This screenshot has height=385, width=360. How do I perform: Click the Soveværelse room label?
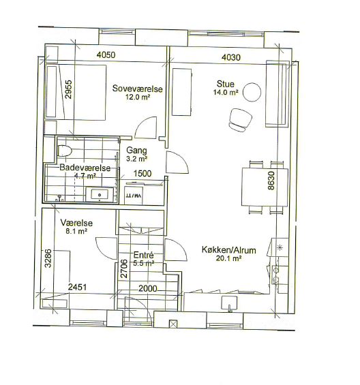pos(137,89)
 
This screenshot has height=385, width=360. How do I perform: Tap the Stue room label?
pos(225,84)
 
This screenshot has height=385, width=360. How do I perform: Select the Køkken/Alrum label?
pos(229,250)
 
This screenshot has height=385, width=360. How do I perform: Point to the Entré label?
pos(143,255)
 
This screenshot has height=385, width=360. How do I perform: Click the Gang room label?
pos(136,151)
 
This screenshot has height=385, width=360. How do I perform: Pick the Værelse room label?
pos(76,223)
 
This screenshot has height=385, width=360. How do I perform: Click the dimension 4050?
pos(106,55)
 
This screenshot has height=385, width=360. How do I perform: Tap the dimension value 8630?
pos(271,181)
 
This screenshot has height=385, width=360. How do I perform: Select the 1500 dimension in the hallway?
pos(142,174)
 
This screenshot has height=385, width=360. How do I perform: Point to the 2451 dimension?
pos(77,287)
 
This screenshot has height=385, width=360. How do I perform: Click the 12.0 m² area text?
pos(138,97)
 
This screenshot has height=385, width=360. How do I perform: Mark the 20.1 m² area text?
pos(229,258)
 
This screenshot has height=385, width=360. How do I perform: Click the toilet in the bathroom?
pos(65,151)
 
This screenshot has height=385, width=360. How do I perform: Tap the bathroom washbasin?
pos(100,195)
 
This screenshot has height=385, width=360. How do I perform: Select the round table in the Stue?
pos(252,92)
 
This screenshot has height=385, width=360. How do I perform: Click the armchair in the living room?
pos(240,120)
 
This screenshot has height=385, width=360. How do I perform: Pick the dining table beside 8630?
pos(265,187)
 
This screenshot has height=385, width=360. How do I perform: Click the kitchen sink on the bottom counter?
pos(229,303)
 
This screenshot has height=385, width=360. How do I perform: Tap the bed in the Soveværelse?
pos(76,92)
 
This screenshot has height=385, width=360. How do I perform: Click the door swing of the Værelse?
pos(106,248)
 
